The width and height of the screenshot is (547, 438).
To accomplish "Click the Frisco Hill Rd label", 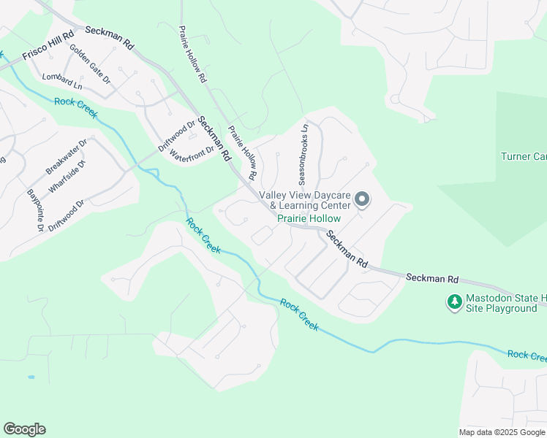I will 48,45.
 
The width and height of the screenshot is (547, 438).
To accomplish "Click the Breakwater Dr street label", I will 66,156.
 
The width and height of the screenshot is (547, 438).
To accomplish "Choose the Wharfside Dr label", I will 67,177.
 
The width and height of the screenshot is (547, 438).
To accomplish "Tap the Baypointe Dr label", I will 35,210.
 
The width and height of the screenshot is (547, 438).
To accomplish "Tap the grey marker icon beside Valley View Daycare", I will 361,199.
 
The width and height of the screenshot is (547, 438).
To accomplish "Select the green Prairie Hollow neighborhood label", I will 308,218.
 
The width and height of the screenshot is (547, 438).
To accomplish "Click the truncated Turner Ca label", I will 524,156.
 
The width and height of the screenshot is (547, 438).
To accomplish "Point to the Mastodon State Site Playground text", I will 502,303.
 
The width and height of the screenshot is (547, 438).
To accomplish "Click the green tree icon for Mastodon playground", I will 454,301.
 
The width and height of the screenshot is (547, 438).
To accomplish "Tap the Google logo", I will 24,429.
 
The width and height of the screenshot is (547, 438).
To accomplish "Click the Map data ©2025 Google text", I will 502,432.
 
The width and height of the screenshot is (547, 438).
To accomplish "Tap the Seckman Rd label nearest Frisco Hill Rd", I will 110,37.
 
